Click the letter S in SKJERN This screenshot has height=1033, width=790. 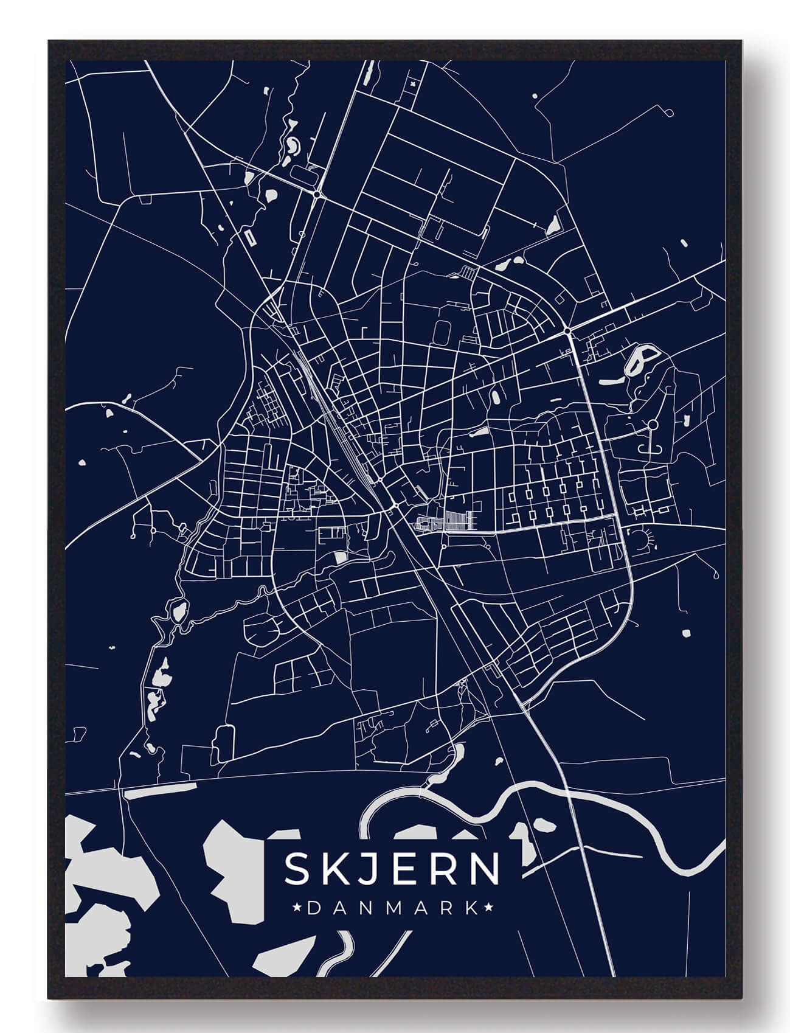(x=296, y=869)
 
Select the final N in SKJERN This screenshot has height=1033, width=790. (x=487, y=869)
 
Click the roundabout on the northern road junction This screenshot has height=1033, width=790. (x=317, y=195)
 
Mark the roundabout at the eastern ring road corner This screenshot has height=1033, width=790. (x=567, y=330)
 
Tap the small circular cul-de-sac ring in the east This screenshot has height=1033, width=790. (x=652, y=423)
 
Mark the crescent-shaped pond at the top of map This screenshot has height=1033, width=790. (x=293, y=146)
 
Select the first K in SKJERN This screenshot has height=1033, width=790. (x=332, y=869)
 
